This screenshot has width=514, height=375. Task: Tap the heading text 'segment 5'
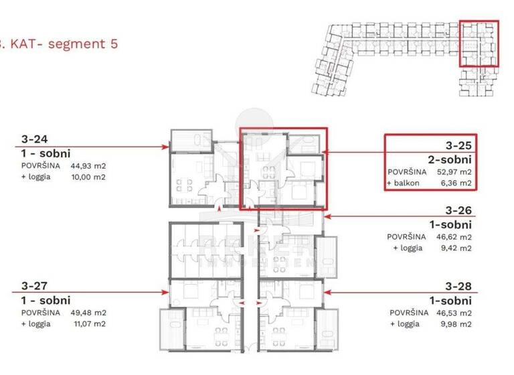(x=82, y=44)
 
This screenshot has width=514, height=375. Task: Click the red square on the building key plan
(x=479, y=44)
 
